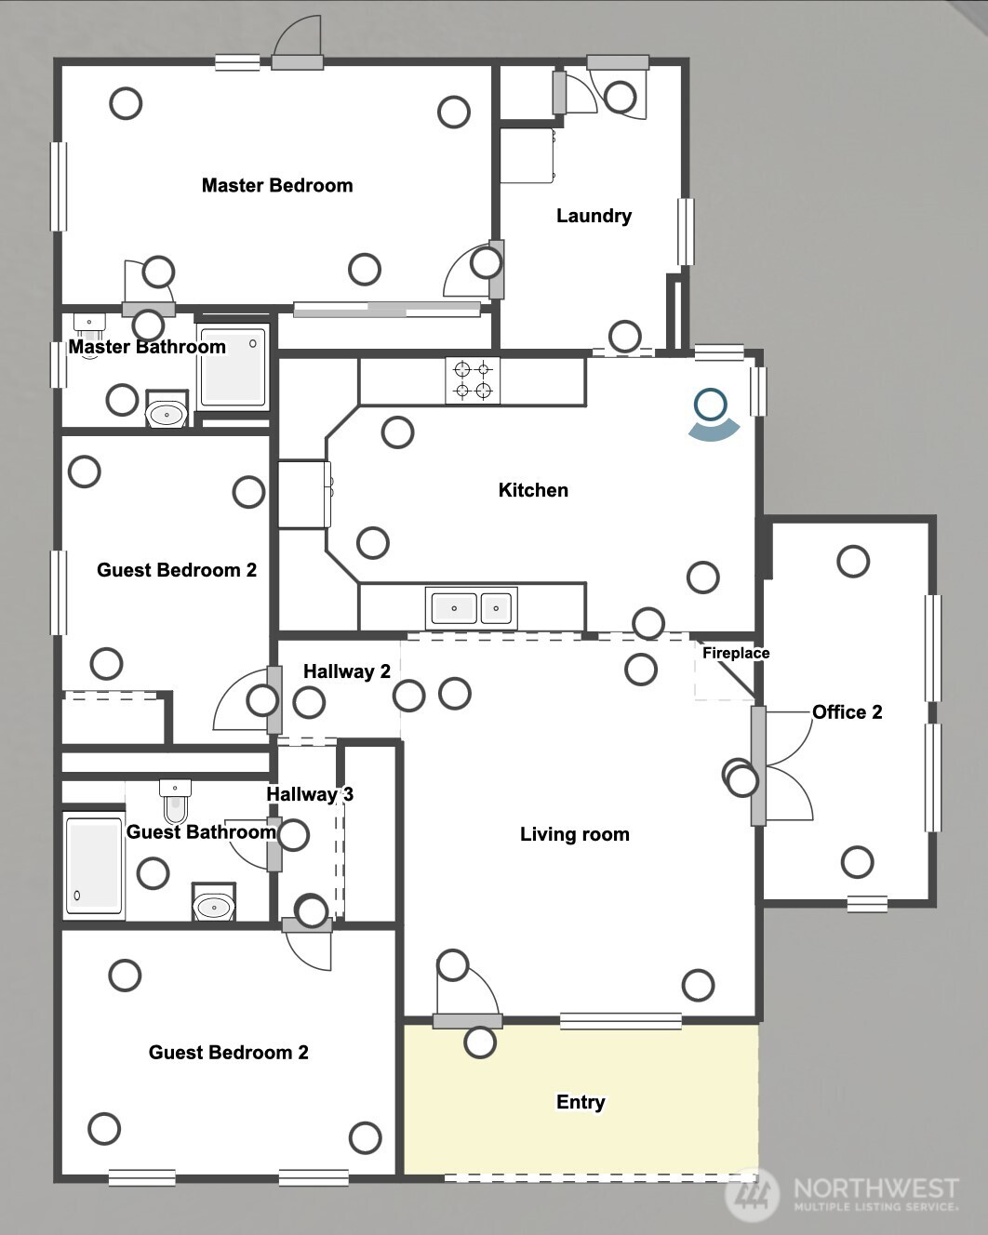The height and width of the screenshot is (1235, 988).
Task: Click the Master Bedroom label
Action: [277, 185]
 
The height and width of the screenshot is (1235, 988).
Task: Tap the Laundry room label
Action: [594, 216]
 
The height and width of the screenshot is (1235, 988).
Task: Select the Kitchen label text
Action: [533, 490]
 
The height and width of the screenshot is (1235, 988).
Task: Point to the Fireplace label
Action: [736, 653]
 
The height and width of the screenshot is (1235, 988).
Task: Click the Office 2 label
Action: [847, 712]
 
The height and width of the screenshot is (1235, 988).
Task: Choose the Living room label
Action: [575, 834]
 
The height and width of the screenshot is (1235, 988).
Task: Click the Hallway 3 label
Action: [310, 794]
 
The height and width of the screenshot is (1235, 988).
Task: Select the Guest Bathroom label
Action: [201, 832]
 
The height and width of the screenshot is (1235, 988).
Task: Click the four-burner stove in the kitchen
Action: [473, 380]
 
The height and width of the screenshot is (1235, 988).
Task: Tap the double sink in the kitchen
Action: [472, 608]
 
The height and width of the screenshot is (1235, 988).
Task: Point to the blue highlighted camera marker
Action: [713, 415]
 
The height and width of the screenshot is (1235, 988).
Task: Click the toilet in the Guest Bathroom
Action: [176, 801]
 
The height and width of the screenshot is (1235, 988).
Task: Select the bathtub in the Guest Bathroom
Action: [94, 866]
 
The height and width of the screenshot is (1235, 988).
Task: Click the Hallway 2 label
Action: [347, 671]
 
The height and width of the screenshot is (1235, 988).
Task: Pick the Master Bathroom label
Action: [147, 347]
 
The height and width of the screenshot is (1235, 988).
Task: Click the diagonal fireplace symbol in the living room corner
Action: [725, 671]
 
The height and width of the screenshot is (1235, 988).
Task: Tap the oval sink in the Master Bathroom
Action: [167, 413]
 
